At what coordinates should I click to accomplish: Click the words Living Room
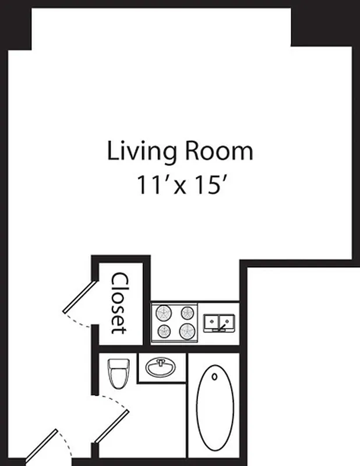180,151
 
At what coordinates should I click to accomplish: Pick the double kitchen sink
218,322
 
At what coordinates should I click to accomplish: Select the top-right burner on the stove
187,312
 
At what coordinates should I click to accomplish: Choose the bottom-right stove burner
187,332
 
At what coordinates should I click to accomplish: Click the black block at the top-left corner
16,26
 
